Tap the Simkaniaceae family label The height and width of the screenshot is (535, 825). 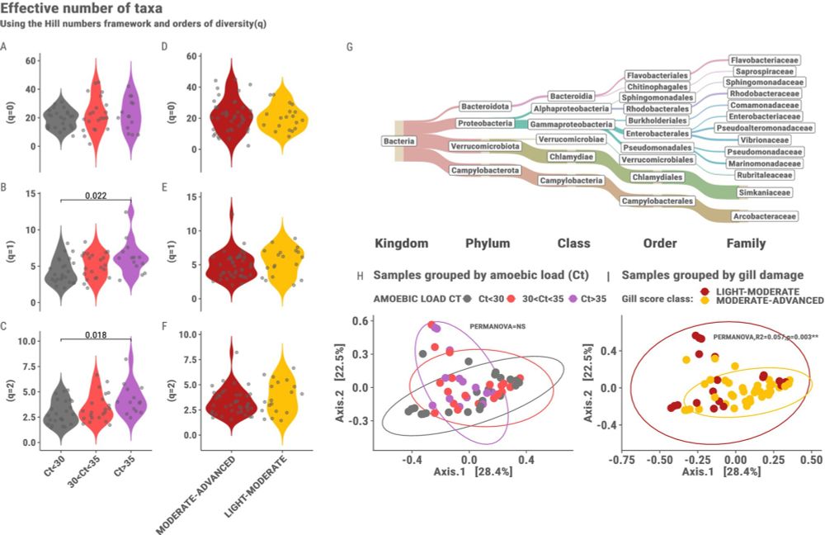[x=766, y=192]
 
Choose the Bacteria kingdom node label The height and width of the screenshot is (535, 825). [x=398, y=142]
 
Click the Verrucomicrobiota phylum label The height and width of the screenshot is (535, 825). [x=485, y=146]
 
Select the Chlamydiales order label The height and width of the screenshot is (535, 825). [x=658, y=177]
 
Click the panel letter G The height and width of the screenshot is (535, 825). [x=351, y=46]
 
